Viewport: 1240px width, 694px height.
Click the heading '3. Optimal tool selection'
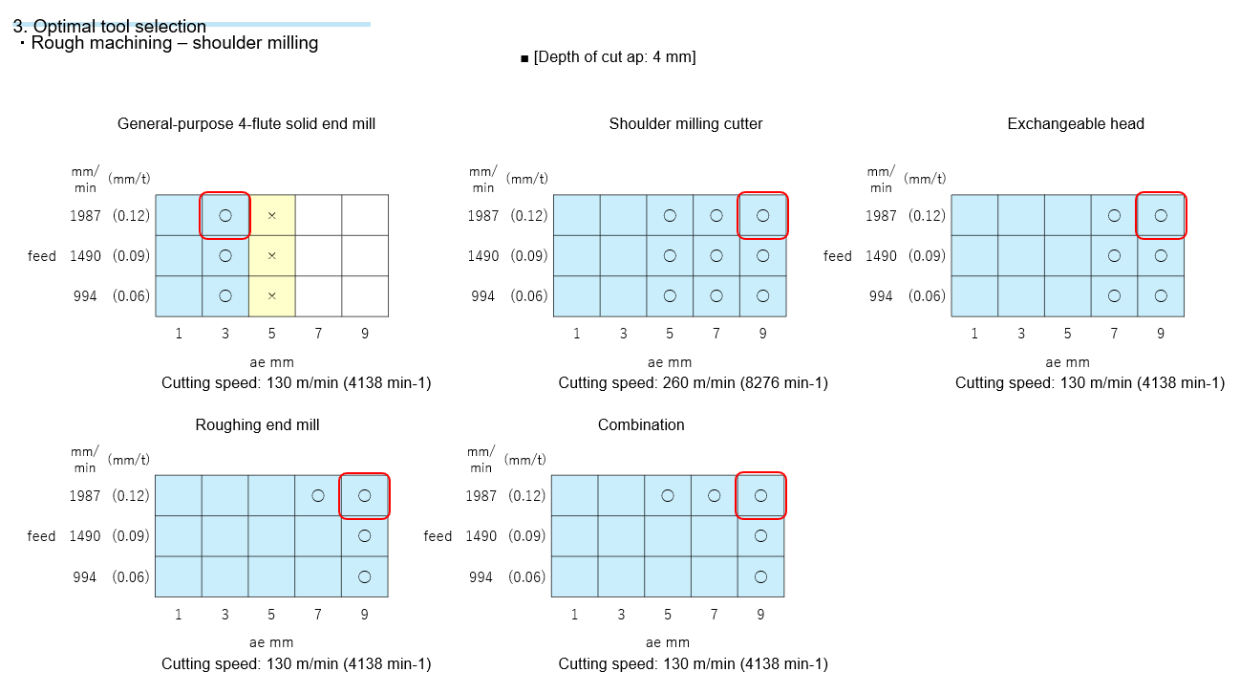pyautogui.click(x=110, y=27)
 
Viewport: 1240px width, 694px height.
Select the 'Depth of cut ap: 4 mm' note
pyautogui.click(x=609, y=57)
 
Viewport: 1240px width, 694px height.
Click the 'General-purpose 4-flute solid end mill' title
pyautogui.click(x=246, y=124)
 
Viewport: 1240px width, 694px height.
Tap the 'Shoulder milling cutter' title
pyautogui.click(x=686, y=124)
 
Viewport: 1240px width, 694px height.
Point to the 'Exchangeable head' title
pyautogui.click(x=1076, y=124)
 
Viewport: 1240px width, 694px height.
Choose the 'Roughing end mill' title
pyautogui.click(x=257, y=425)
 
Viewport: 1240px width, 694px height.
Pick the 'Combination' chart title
pyautogui.click(x=641, y=425)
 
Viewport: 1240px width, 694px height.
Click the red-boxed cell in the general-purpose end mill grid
pyautogui.click(x=225, y=215)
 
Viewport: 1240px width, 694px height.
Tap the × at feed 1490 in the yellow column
pyautogui.click(x=272, y=256)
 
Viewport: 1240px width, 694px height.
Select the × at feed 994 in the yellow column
pyautogui.click(x=272, y=296)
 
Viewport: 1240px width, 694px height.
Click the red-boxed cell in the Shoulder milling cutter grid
pyautogui.click(x=762, y=215)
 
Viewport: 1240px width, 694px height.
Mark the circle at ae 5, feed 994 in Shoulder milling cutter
pyautogui.click(x=670, y=296)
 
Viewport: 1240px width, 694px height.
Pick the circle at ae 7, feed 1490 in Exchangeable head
pyautogui.click(x=1114, y=256)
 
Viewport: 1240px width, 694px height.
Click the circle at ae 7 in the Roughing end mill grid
pyautogui.click(x=318, y=495)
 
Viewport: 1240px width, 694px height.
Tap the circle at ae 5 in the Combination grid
pyautogui.click(x=668, y=495)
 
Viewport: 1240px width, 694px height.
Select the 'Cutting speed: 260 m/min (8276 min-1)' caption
pyautogui.click(x=693, y=383)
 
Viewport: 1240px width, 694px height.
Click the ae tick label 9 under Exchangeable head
pyautogui.click(x=1161, y=334)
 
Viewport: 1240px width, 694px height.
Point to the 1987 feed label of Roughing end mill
pyautogui.click(x=85, y=496)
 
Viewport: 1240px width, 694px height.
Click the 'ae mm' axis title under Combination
pyautogui.click(x=668, y=642)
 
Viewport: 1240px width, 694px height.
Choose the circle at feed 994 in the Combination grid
pyautogui.click(x=760, y=576)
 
